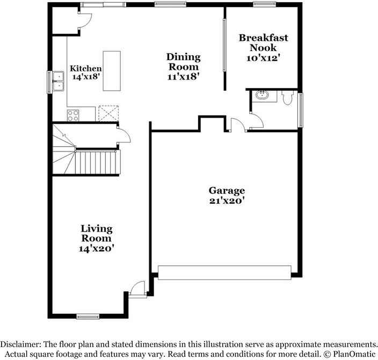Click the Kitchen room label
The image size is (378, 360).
tap(85, 69)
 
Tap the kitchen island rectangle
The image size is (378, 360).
tap(112, 71)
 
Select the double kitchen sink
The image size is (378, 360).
tap(59, 81)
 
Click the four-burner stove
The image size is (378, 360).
tap(73, 116)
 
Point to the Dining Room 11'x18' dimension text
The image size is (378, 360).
tap(184, 77)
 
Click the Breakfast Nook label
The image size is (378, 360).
tap(264, 42)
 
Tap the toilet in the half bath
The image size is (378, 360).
tap(287, 97)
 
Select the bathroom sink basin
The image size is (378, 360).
tap(262, 95)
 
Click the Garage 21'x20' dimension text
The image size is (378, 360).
tap(227, 201)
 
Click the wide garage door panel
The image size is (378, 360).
tap(224, 272)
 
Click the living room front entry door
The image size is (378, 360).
tap(137, 288)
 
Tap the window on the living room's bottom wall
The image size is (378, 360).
tap(88, 316)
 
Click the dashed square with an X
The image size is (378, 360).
tap(108, 113)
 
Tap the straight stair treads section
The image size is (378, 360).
tap(98, 162)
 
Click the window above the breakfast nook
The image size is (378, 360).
tap(265, 4)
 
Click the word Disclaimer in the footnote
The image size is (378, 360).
tap(21, 344)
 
